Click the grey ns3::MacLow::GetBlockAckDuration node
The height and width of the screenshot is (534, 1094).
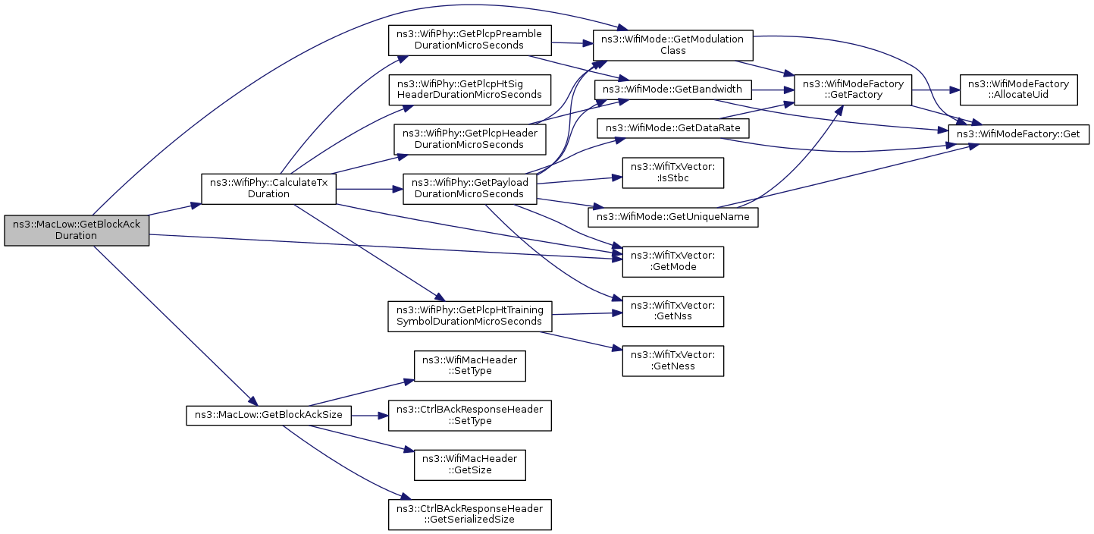(77, 230)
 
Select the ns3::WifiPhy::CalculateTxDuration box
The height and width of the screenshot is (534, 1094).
(268, 189)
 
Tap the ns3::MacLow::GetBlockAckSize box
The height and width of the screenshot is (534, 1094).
(268, 415)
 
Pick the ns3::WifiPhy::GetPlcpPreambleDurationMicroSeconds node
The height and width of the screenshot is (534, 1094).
(470, 40)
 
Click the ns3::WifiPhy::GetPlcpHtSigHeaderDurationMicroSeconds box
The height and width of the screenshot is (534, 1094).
(470, 90)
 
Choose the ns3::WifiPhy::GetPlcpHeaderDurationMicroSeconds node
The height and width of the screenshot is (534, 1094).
(470, 140)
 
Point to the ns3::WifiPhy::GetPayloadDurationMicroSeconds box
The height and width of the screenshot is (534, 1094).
(470, 189)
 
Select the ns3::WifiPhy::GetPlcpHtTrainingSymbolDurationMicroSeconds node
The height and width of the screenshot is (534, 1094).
(470, 316)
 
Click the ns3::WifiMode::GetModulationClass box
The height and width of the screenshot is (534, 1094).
(673, 45)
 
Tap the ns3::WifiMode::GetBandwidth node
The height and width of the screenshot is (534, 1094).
(673, 90)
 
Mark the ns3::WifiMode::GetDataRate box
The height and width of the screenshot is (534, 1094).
(673, 128)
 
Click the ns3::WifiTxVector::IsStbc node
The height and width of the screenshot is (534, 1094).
(673, 173)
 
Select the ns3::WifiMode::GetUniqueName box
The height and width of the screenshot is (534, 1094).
(673, 217)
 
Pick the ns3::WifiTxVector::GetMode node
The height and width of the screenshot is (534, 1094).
(673, 262)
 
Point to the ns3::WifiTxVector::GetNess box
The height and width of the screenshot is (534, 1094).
(673, 361)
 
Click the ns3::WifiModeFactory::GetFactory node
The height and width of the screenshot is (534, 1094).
(853, 90)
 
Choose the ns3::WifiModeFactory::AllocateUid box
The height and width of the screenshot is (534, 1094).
(1019, 90)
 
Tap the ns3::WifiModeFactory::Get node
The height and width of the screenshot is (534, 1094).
(1019, 134)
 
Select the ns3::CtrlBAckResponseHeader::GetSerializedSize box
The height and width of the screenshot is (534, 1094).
(470, 514)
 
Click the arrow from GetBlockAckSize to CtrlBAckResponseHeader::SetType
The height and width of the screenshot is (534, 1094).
(370, 416)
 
